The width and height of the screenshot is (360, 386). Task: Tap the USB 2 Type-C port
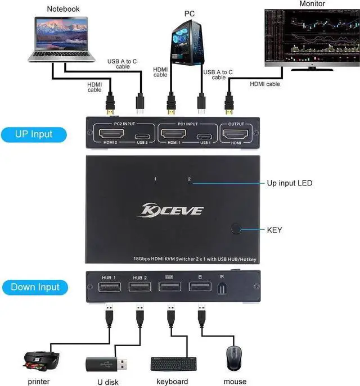click(141, 136)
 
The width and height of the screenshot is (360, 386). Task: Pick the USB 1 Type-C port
click(204, 136)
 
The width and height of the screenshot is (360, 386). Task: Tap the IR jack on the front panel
click(223, 288)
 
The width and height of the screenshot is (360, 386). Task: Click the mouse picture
click(235, 357)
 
